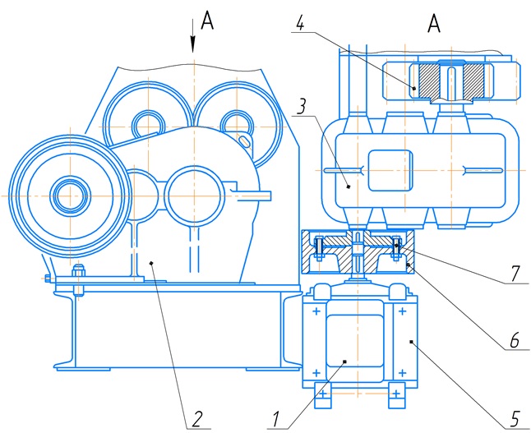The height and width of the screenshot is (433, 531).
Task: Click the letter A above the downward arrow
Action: click(207, 22)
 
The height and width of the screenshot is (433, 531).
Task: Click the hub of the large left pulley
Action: click(70, 196)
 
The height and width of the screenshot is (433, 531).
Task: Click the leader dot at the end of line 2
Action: click(151, 261)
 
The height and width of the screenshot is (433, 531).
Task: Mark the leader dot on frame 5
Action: click(413, 339)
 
